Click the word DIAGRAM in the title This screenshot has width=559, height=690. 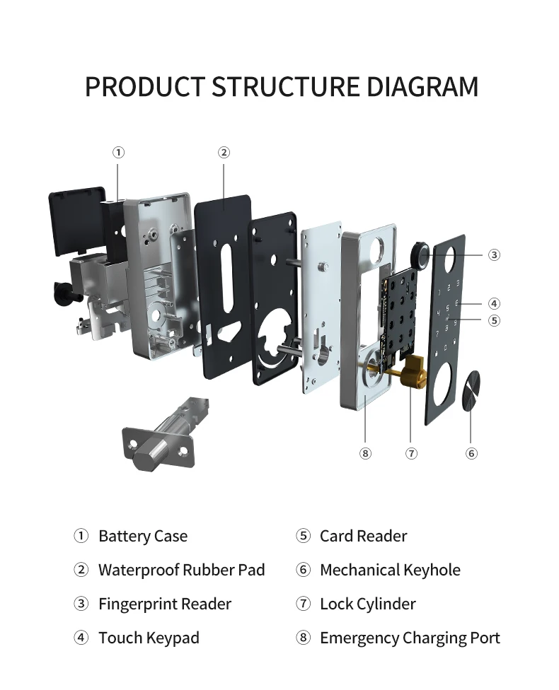click(422, 86)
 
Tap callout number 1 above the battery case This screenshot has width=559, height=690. click(118, 153)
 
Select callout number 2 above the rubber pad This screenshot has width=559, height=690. click(224, 153)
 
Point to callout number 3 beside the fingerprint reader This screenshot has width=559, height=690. click(494, 255)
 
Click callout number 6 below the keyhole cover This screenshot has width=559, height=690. click(471, 453)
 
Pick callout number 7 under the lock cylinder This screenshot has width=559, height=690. click(411, 453)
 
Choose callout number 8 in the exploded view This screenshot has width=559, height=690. click(365, 453)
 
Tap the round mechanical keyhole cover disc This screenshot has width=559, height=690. click(471, 389)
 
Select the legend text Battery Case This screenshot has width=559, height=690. click(143, 536)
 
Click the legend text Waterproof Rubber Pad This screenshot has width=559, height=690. click(181, 570)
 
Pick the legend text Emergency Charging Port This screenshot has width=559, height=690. click(410, 638)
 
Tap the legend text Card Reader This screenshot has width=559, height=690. click(364, 536)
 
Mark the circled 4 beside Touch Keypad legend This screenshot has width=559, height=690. click(81, 637)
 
